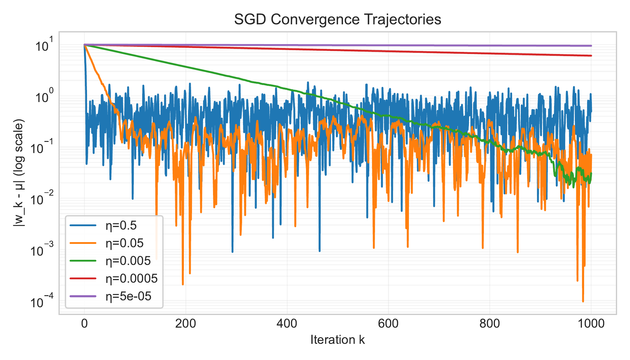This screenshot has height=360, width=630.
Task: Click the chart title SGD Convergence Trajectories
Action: [x=337, y=19]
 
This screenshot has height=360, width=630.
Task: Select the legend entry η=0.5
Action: [x=121, y=226]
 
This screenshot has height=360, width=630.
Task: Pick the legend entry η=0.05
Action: [x=124, y=243]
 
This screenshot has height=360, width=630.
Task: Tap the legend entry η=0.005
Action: [x=128, y=261]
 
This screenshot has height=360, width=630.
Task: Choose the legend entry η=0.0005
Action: [x=131, y=279]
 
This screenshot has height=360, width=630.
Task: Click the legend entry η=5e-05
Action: [x=128, y=296]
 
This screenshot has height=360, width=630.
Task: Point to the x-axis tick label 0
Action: [x=84, y=324]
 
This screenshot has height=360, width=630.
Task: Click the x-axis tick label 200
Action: [x=185, y=324]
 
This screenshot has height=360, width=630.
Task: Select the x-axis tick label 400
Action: [x=287, y=324]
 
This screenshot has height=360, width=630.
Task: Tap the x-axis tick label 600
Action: [x=388, y=324]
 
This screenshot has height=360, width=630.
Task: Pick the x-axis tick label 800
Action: [x=490, y=324]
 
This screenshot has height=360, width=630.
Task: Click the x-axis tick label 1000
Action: [x=591, y=324]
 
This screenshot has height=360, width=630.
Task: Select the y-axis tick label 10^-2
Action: [x=42, y=199]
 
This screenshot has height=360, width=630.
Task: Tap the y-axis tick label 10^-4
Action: [x=42, y=302]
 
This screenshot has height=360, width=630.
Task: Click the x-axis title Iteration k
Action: [x=337, y=340]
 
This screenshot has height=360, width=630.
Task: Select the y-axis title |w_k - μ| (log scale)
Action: [x=19, y=173]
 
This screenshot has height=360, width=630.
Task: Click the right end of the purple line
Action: [x=591, y=46]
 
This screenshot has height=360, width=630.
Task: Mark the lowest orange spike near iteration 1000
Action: [x=583, y=301]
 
